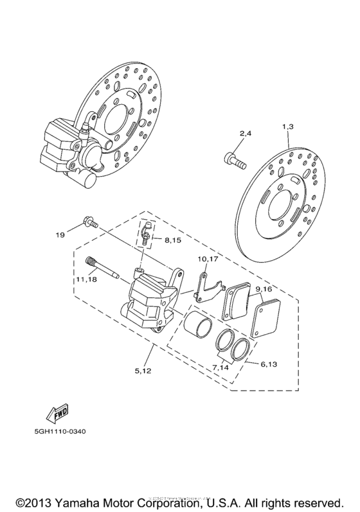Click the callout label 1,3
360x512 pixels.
(287, 127)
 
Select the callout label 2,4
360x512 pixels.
(246, 133)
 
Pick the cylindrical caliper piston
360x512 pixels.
(198, 321)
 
